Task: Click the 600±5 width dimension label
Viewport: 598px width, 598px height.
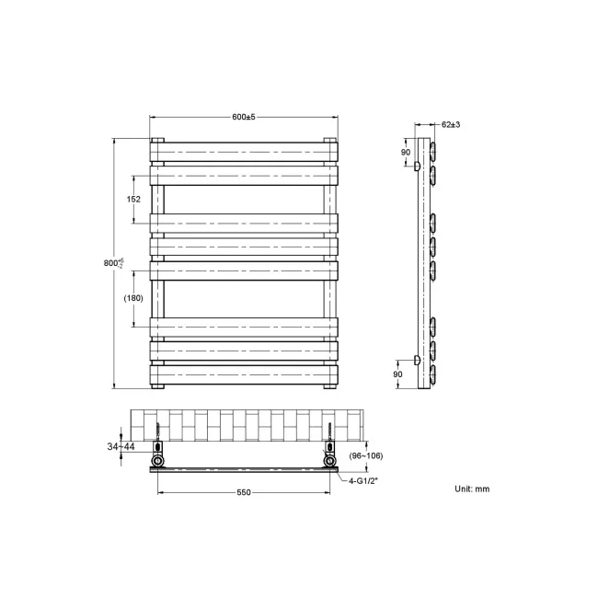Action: pos(243,117)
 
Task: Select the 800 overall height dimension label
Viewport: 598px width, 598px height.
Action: pos(110,264)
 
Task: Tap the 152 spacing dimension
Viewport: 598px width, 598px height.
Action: pos(133,199)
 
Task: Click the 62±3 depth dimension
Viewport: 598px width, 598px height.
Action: pos(450,123)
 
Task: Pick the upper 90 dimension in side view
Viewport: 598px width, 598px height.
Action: pos(405,152)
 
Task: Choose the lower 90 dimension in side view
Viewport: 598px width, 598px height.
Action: pos(397,374)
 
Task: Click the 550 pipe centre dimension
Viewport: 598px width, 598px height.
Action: pos(244,492)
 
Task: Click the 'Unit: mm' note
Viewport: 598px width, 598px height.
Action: pos(472,488)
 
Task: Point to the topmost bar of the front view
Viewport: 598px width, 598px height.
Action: pos(243,150)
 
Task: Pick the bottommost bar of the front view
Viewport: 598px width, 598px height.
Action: pos(243,374)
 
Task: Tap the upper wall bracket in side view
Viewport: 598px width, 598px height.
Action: pos(417,167)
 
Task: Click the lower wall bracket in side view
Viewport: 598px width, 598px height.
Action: pos(417,360)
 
